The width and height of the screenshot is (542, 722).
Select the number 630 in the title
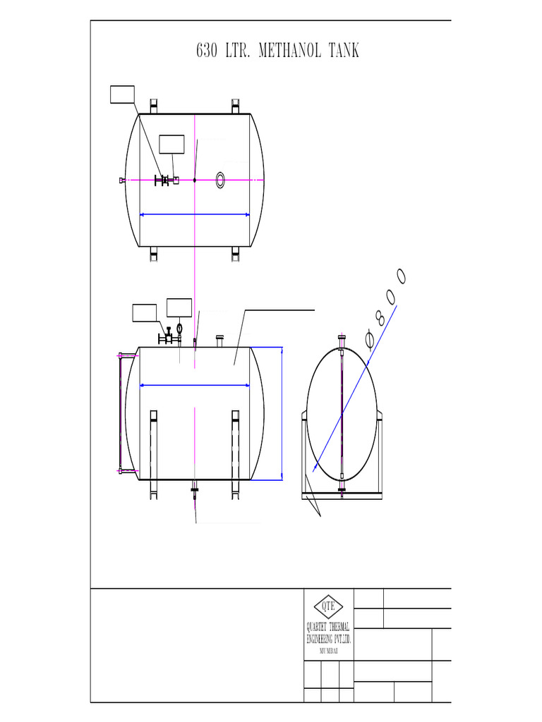[x=206, y=51]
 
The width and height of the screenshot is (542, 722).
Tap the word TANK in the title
[x=344, y=51]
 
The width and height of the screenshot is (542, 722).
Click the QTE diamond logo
[x=328, y=606]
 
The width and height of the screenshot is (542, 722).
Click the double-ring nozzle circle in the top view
[x=221, y=180]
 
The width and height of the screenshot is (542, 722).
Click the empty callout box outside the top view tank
[x=123, y=94]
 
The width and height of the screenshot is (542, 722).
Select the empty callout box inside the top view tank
[x=171, y=144]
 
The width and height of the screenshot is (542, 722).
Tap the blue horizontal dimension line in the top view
[x=195, y=214]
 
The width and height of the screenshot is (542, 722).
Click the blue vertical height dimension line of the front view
[x=282, y=413]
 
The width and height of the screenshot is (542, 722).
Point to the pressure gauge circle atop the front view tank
[x=180, y=328]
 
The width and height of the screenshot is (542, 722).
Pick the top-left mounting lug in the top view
[x=153, y=106]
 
